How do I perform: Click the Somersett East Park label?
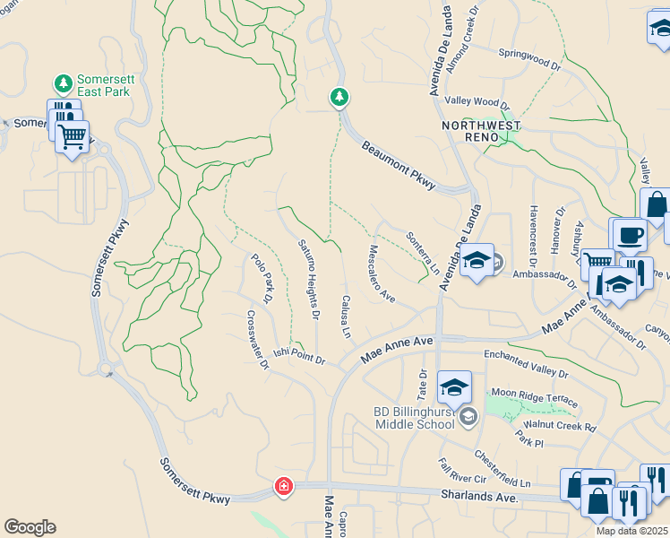(x=106, y=86)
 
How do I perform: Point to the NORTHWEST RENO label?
(x=476, y=131)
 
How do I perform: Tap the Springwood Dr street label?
(x=529, y=59)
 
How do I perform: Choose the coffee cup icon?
(x=628, y=235)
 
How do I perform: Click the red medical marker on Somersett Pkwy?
(x=283, y=487)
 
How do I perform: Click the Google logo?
(x=30, y=527)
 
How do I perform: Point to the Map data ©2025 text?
(x=631, y=531)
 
